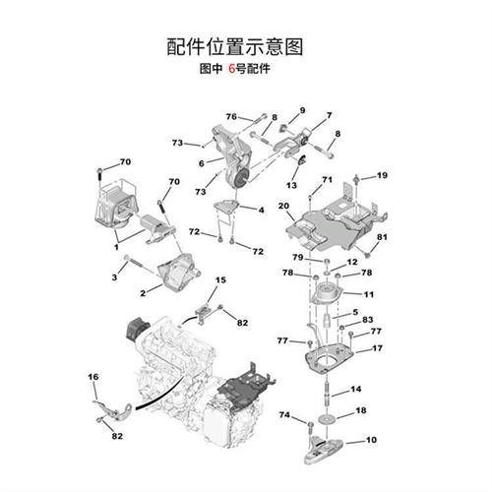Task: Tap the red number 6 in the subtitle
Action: (x=232, y=71)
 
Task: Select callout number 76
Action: (x=231, y=117)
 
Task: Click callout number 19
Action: (x=382, y=175)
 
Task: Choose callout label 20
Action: (x=283, y=206)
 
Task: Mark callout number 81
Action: (x=383, y=237)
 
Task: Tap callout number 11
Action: (x=368, y=294)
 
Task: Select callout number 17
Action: (x=377, y=348)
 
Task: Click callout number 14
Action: (x=356, y=390)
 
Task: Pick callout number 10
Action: (x=371, y=442)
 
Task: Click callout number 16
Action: (x=93, y=377)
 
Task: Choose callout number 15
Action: (x=220, y=280)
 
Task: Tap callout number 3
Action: (x=114, y=278)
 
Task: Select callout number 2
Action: (x=144, y=292)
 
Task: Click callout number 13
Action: (x=292, y=185)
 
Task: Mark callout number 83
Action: (x=367, y=320)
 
